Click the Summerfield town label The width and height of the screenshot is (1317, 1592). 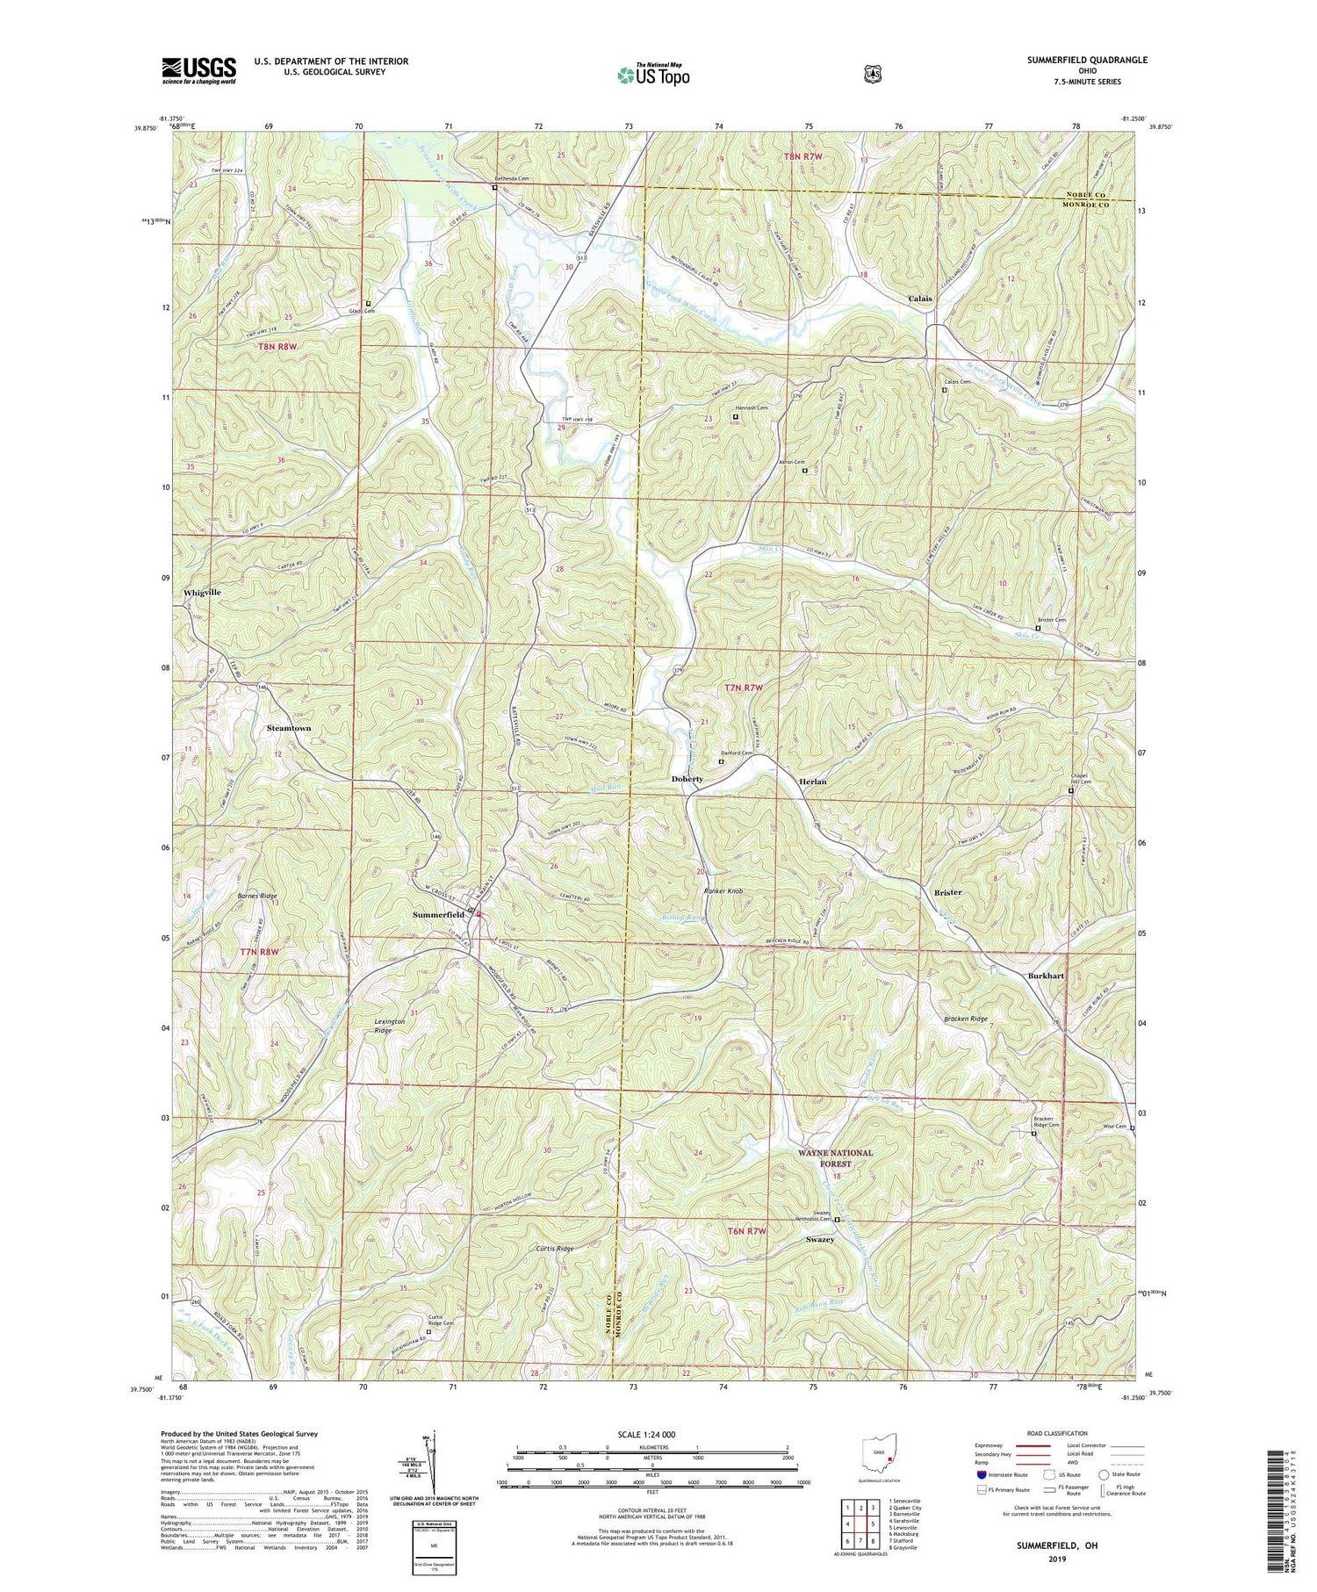pos(438,914)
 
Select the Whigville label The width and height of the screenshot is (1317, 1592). pos(202,593)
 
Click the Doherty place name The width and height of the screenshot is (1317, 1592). pos(687,779)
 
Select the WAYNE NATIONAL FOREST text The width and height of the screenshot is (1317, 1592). pos(836,1158)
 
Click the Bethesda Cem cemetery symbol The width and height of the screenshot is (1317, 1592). pos(494,187)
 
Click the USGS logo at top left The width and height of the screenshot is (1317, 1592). pos(198,70)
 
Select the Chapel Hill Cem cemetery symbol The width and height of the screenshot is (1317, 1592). pos(1070,791)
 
